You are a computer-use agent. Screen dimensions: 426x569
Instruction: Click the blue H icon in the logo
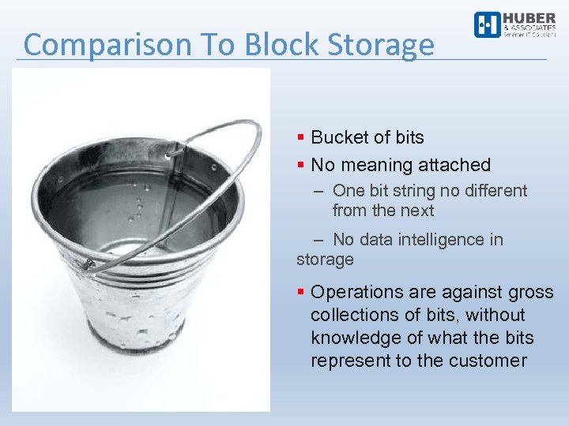[x=487, y=24]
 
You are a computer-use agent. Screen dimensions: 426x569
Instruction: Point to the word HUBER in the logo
[x=529, y=18]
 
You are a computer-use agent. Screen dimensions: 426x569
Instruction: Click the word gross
[x=531, y=292]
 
